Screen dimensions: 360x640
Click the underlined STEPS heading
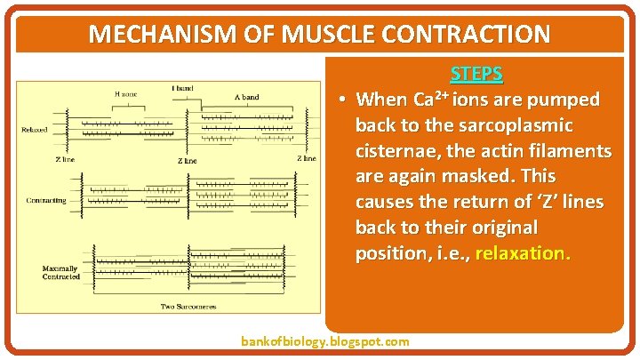click(x=476, y=74)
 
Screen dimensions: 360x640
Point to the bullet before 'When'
click(x=341, y=99)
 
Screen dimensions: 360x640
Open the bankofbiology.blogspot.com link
click(x=325, y=341)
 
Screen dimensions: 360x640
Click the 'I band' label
click(x=183, y=87)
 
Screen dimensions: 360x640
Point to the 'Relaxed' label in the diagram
click(x=35, y=130)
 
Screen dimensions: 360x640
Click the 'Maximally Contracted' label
click(x=60, y=272)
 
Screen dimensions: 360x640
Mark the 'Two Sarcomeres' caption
click(x=184, y=307)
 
